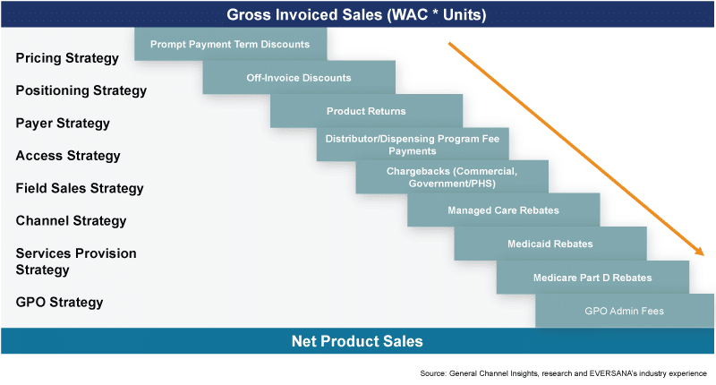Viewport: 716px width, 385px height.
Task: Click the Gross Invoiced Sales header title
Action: click(356, 14)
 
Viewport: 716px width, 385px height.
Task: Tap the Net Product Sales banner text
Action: click(357, 341)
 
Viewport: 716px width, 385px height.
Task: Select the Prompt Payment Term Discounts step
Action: click(231, 44)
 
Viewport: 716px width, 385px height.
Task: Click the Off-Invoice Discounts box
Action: click(299, 78)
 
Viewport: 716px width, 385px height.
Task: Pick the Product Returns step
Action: click(366, 111)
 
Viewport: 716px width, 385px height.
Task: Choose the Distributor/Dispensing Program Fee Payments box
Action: click(413, 144)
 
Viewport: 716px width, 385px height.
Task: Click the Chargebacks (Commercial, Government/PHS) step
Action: click(452, 177)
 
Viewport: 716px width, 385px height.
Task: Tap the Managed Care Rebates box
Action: click(503, 210)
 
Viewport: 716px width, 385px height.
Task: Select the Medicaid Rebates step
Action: click(550, 244)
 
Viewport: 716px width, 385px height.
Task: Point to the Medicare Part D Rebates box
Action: click(592, 278)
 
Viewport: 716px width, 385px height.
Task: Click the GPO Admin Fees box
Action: click(624, 311)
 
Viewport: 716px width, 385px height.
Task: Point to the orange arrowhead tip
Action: click(704, 255)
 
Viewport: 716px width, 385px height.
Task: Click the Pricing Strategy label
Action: click(67, 58)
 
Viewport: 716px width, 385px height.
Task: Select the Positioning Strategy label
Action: click(81, 91)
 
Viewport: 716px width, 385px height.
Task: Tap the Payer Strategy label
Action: click(63, 124)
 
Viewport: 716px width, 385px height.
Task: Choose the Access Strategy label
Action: click(68, 156)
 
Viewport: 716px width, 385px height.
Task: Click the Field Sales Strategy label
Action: click(80, 188)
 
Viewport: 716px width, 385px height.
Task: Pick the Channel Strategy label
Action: click(71, 221)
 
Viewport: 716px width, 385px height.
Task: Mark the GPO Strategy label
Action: click(59, 303)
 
